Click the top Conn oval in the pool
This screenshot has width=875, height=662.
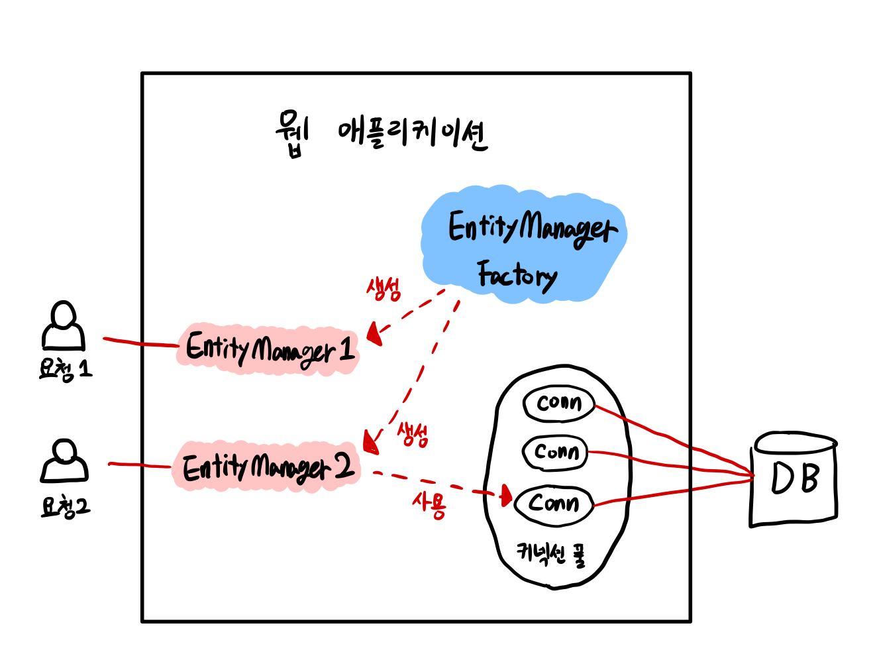(558, 403)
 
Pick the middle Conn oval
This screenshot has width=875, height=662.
(555, 453)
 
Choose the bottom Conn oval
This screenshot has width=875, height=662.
(554, 504)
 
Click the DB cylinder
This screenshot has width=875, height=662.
(794, 479)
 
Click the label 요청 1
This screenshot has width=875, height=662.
(65, 369)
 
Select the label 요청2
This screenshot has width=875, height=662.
(65, 507)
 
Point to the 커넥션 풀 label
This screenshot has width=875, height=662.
(551, 553)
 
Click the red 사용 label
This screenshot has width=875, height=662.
(429, 506)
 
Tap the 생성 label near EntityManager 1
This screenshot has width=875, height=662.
(384, 289)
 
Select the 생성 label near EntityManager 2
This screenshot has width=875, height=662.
(413, 435)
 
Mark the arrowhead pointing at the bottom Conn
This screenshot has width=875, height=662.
(507, 495)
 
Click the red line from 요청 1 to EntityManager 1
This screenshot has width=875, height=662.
(140, 343)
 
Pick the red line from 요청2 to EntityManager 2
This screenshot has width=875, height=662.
(140, 465)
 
